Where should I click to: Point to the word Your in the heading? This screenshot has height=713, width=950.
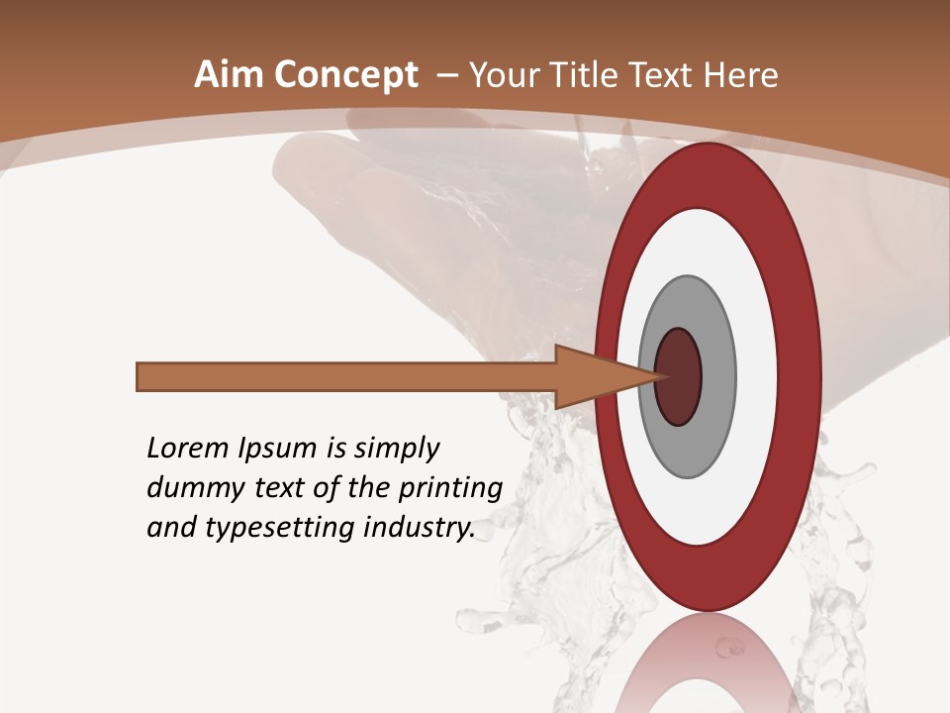click(505, 75)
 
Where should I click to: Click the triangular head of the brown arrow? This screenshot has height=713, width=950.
click(594, 377)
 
